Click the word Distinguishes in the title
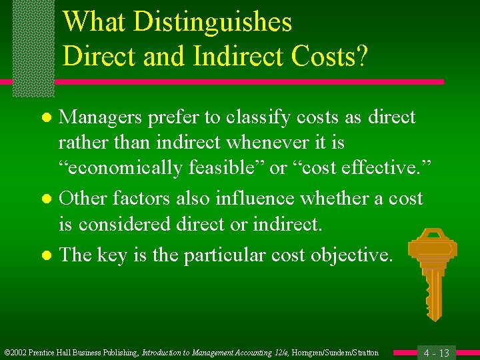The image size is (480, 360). coord(213,23)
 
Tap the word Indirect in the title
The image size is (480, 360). coord(231,57)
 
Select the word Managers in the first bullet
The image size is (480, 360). coord(100,117)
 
